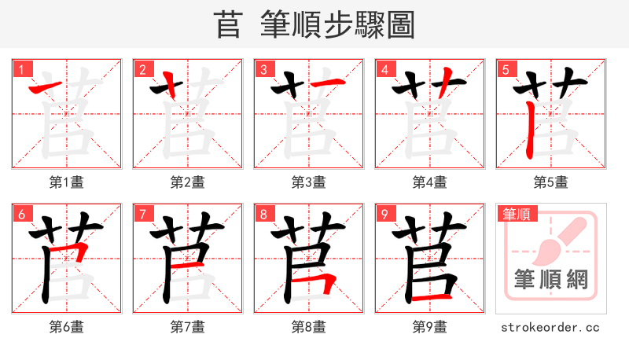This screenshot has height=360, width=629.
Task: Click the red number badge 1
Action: point(21,70)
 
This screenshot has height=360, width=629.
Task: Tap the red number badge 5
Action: point(506,70)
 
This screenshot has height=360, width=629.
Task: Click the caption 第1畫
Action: point(67,182)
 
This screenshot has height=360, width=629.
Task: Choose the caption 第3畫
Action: point(309,182)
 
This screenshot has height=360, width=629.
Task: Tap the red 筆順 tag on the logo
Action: point(516,214)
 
